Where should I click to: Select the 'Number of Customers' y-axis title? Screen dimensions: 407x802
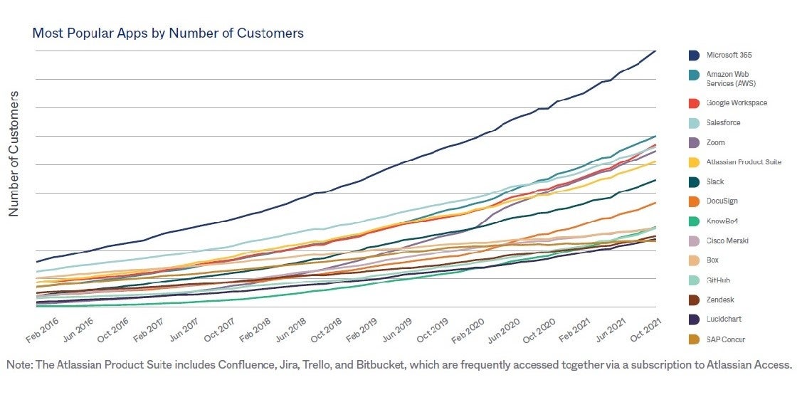(x=14, y=153)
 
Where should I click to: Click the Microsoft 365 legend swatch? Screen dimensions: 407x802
(x=693, y=55)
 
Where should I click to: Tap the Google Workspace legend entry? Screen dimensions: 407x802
(x=736, y=102)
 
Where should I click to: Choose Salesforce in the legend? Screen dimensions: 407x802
(x=723, y=122)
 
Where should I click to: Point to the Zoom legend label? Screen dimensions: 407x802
(x=715, y=142)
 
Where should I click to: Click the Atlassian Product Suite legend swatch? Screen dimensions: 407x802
(x=693, y=162)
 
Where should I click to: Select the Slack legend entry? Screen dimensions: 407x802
(x=714, y=181)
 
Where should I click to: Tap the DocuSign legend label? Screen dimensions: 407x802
(x=722, y=201)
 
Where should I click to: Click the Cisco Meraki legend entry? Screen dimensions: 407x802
(x=727, y=240)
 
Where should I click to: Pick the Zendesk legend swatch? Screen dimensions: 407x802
(x=693, y=300)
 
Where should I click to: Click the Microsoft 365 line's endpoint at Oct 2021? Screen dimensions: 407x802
(x=655, y=51)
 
